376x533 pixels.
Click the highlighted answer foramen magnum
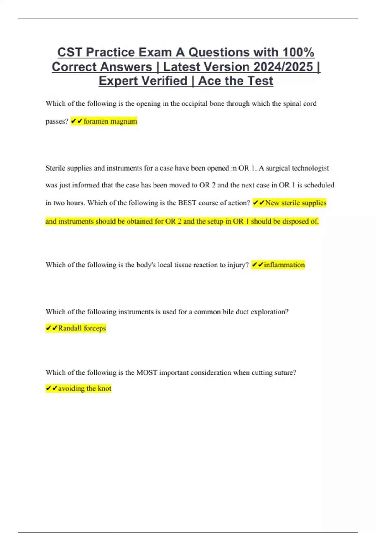pos(110,121)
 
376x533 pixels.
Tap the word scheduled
pos(319,185)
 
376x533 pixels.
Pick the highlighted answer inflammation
pos(284,265)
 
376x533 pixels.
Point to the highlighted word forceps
pos(95,328)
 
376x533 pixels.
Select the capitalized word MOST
pos(147,372)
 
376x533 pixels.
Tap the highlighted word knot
pos(104,388)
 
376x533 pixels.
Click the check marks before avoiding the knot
pos(52,388)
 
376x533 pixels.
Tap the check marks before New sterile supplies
pos(258,203)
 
